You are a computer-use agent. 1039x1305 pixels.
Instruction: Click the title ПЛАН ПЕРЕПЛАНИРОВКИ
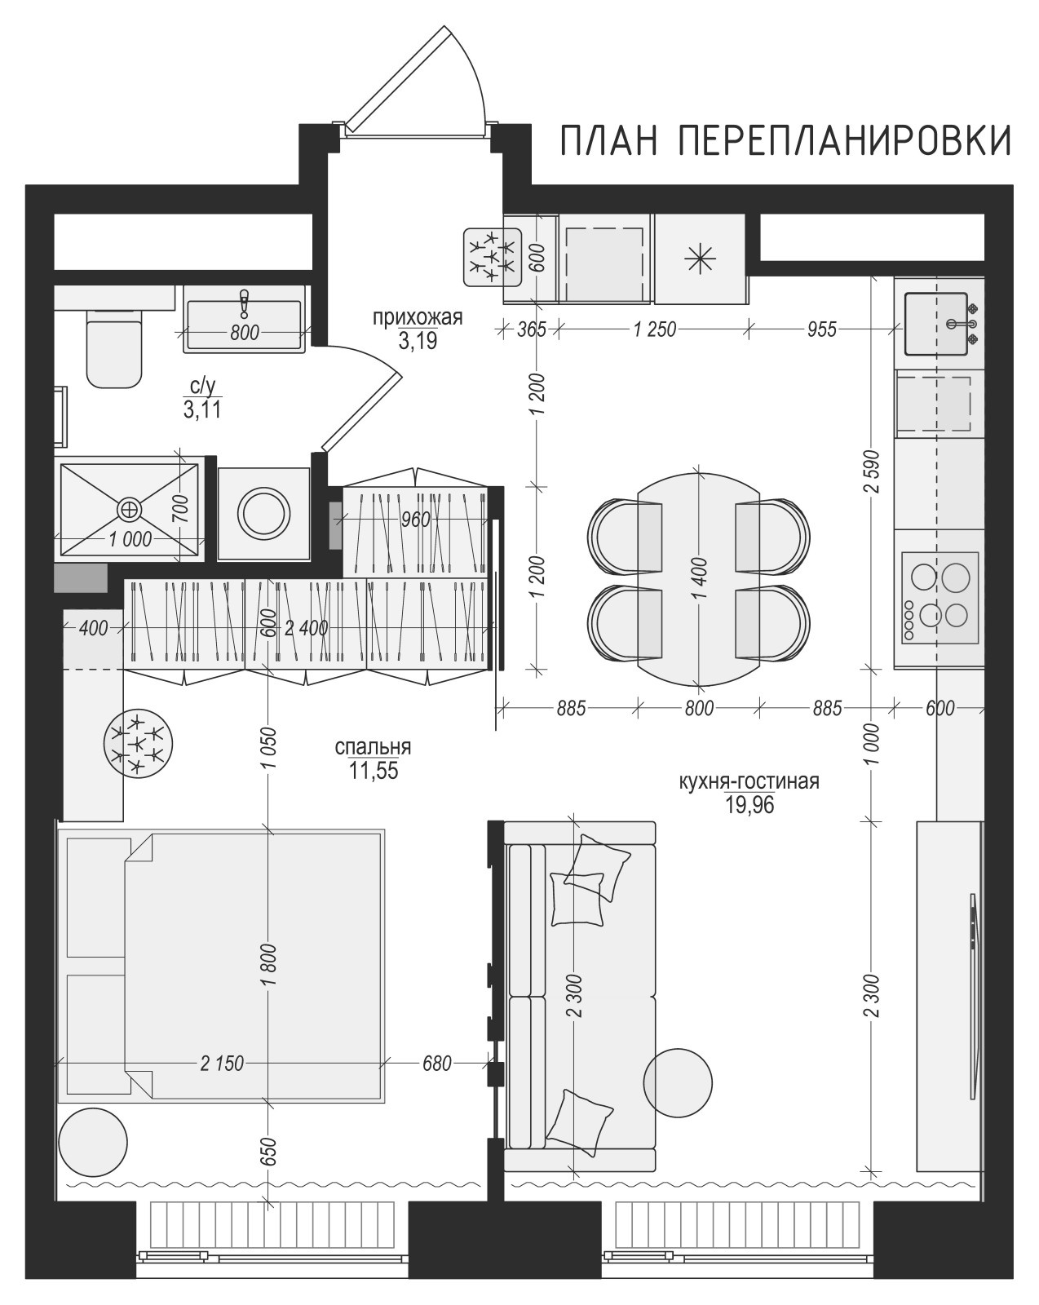tap(785, 140)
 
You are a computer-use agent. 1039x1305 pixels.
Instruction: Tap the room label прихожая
tap(418, 317)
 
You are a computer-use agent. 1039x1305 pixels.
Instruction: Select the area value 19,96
tap(749, 805)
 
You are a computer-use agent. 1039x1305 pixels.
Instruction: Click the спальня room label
tap(373, 746)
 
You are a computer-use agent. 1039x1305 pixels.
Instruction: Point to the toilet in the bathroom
tap(115, 347)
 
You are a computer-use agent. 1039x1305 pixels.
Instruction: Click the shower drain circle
tap(129, 510)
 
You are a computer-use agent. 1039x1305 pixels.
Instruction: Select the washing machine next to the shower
tap(264, 514)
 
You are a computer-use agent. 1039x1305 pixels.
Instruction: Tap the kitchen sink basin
tap(936, 324)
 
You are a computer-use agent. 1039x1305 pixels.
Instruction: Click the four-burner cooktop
tap(940, 597)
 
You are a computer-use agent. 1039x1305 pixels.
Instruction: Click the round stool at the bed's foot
tap(94, 1143)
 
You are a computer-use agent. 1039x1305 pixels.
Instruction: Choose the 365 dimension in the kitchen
tap(532, 330)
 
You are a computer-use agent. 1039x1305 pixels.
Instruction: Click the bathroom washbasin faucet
tap(244, 303)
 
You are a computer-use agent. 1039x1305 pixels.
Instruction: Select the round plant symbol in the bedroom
tap(139, 744)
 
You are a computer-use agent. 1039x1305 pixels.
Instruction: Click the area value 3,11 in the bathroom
tap(202, 410)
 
